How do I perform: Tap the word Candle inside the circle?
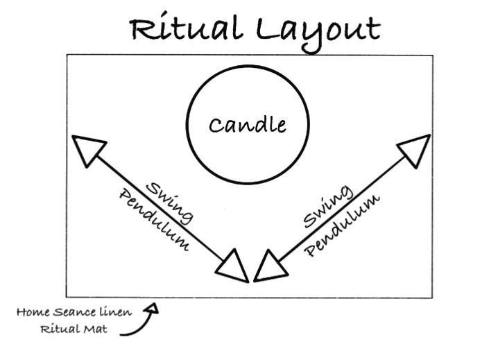pos(248,125)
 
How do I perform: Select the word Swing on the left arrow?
pos(170,203)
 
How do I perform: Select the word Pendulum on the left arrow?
pos(155,220)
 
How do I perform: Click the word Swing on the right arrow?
pos(328,207)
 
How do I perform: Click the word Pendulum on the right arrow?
pos(342,225)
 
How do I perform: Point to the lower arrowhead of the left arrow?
pos(232,266)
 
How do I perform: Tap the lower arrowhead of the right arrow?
pos(271,266)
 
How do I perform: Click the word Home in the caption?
pos(33,312)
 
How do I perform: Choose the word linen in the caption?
pos(115,311)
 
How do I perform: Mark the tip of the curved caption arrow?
pos(155,303)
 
